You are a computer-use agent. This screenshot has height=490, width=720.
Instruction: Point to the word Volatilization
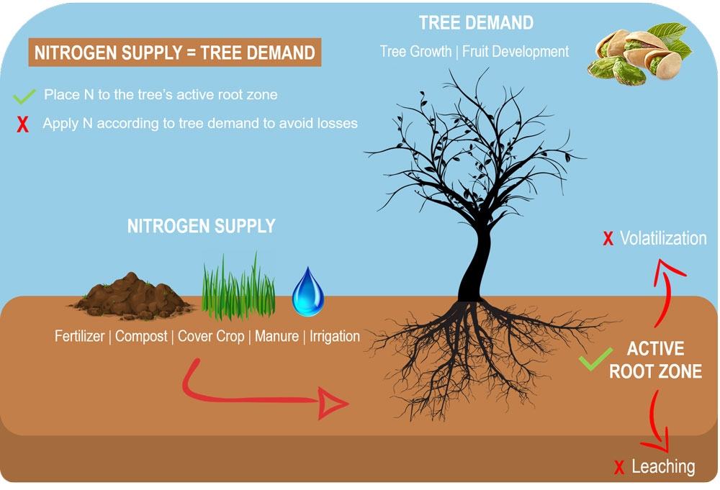(x=663, y=238)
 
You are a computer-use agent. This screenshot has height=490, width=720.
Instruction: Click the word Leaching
(x=663, y=466)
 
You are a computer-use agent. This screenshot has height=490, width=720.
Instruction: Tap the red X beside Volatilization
(x=608, y=239)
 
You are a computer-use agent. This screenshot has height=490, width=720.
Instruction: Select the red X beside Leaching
(x=618, y=468)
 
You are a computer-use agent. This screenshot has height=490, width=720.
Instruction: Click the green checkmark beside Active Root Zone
(x=595, y=359)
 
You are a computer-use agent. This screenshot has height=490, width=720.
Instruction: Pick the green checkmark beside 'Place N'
(x=24, y=94)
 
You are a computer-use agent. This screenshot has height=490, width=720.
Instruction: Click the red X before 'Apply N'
(x=23, y=124)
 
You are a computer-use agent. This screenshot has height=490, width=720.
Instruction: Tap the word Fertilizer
(x=79, y=336)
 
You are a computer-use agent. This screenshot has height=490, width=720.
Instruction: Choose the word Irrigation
(x=335, y=336)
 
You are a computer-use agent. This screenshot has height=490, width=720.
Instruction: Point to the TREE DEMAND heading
(x=476, y=23)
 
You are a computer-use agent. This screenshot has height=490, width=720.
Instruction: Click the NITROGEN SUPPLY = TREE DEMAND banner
(x=174, y=53)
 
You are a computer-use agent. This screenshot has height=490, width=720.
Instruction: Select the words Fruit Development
(x=516, y=51)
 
